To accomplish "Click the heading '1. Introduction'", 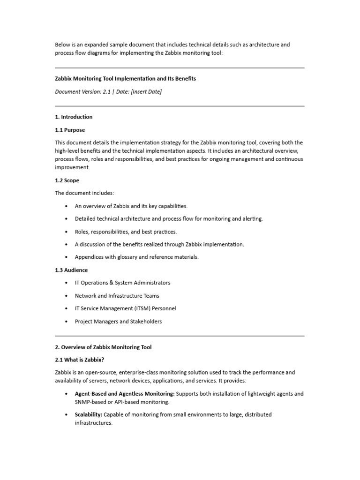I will (x=74, y=117).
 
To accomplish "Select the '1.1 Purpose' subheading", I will (x=70, y=130).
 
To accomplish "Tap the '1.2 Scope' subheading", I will (x=67, y=180).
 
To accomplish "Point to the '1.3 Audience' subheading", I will (x=71, y=270).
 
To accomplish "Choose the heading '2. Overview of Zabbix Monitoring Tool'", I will (x=103, y=347).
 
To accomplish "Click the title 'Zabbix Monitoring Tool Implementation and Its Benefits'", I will (x=125, y=79).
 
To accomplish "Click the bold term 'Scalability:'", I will (x=88, y=414).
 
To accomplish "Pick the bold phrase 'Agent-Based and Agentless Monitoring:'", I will (x=124, y=394).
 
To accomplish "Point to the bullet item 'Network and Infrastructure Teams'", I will (x=117, y=296).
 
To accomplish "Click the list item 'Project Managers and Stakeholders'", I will (x=118, y=322).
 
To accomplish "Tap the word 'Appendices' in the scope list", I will (x=90, y=257).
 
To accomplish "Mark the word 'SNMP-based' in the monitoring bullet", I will (x=90, y=402).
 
